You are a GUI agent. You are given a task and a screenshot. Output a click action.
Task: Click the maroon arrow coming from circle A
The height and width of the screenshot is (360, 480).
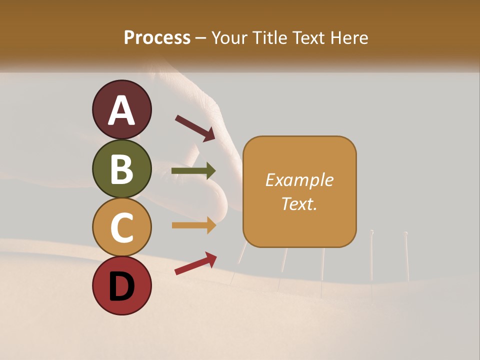(x=195, y=127)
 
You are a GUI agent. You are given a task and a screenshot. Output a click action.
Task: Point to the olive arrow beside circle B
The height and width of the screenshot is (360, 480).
(x=193, y=171)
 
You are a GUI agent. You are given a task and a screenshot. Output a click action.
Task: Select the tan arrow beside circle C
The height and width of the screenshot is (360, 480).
(x=193, y=225)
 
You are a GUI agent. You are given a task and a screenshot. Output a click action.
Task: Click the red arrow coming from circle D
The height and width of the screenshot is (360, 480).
(x=195, y=263)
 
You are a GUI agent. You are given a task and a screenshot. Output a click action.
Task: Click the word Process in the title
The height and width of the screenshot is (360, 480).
(x=157, y=38)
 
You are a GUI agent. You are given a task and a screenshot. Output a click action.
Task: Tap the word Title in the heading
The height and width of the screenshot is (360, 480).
(x=268, y=38)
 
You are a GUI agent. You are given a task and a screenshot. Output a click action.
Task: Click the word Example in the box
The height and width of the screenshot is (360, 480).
(x=299, y=180)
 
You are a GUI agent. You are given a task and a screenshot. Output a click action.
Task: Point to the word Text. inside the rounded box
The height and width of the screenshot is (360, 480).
(x=299, y=203)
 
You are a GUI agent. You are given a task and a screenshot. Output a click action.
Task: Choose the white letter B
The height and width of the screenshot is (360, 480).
(x=122, y=168)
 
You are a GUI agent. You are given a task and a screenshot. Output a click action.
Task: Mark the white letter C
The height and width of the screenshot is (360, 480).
(x=122, y=227)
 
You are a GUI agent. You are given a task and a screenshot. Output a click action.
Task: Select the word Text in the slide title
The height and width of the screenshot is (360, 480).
(x=308, y=38)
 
